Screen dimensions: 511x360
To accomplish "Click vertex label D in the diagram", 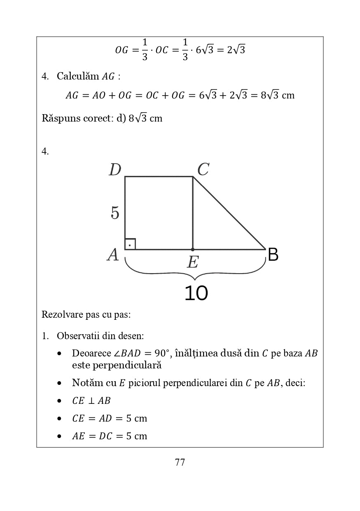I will tap(115, 170).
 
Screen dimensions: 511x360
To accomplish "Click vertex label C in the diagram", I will tap(203, 169).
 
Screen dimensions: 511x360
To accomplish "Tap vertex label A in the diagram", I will tap(113, 255).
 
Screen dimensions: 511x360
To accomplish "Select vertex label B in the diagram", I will tap(273, 255).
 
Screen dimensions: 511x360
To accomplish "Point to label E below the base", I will tap(192, 262).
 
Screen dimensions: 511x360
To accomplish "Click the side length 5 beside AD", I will tap(115, 213).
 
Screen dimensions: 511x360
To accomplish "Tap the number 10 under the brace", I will tap(196, 293).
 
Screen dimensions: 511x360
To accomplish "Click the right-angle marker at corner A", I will tap(130, 244).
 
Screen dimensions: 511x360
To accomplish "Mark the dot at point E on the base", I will tap(193, 249).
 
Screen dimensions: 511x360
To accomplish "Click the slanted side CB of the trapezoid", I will tap(229, 213).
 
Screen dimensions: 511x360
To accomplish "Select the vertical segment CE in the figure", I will tap(193, 213).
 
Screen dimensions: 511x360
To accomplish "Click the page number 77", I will tap(180, 462).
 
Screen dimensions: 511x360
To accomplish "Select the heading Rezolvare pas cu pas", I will tap(86, 315).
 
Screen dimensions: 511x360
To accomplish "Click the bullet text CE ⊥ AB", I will tap(91, 401).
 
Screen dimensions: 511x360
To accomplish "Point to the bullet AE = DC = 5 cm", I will tap(109, 436).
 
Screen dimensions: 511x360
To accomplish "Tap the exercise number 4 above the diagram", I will tap(45, 152).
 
